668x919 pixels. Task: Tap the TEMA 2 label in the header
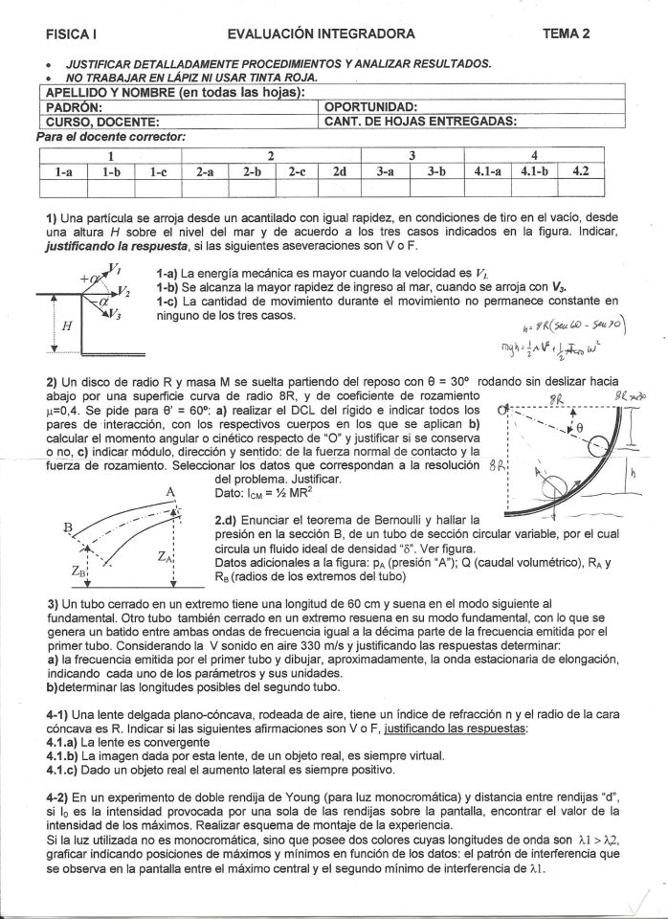click(566, 34)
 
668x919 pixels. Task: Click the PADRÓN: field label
click(74, 107)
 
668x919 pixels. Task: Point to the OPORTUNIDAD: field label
click(371, 107)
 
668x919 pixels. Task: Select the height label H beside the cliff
click(66, 326)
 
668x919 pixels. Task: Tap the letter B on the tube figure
click(68, 527)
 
